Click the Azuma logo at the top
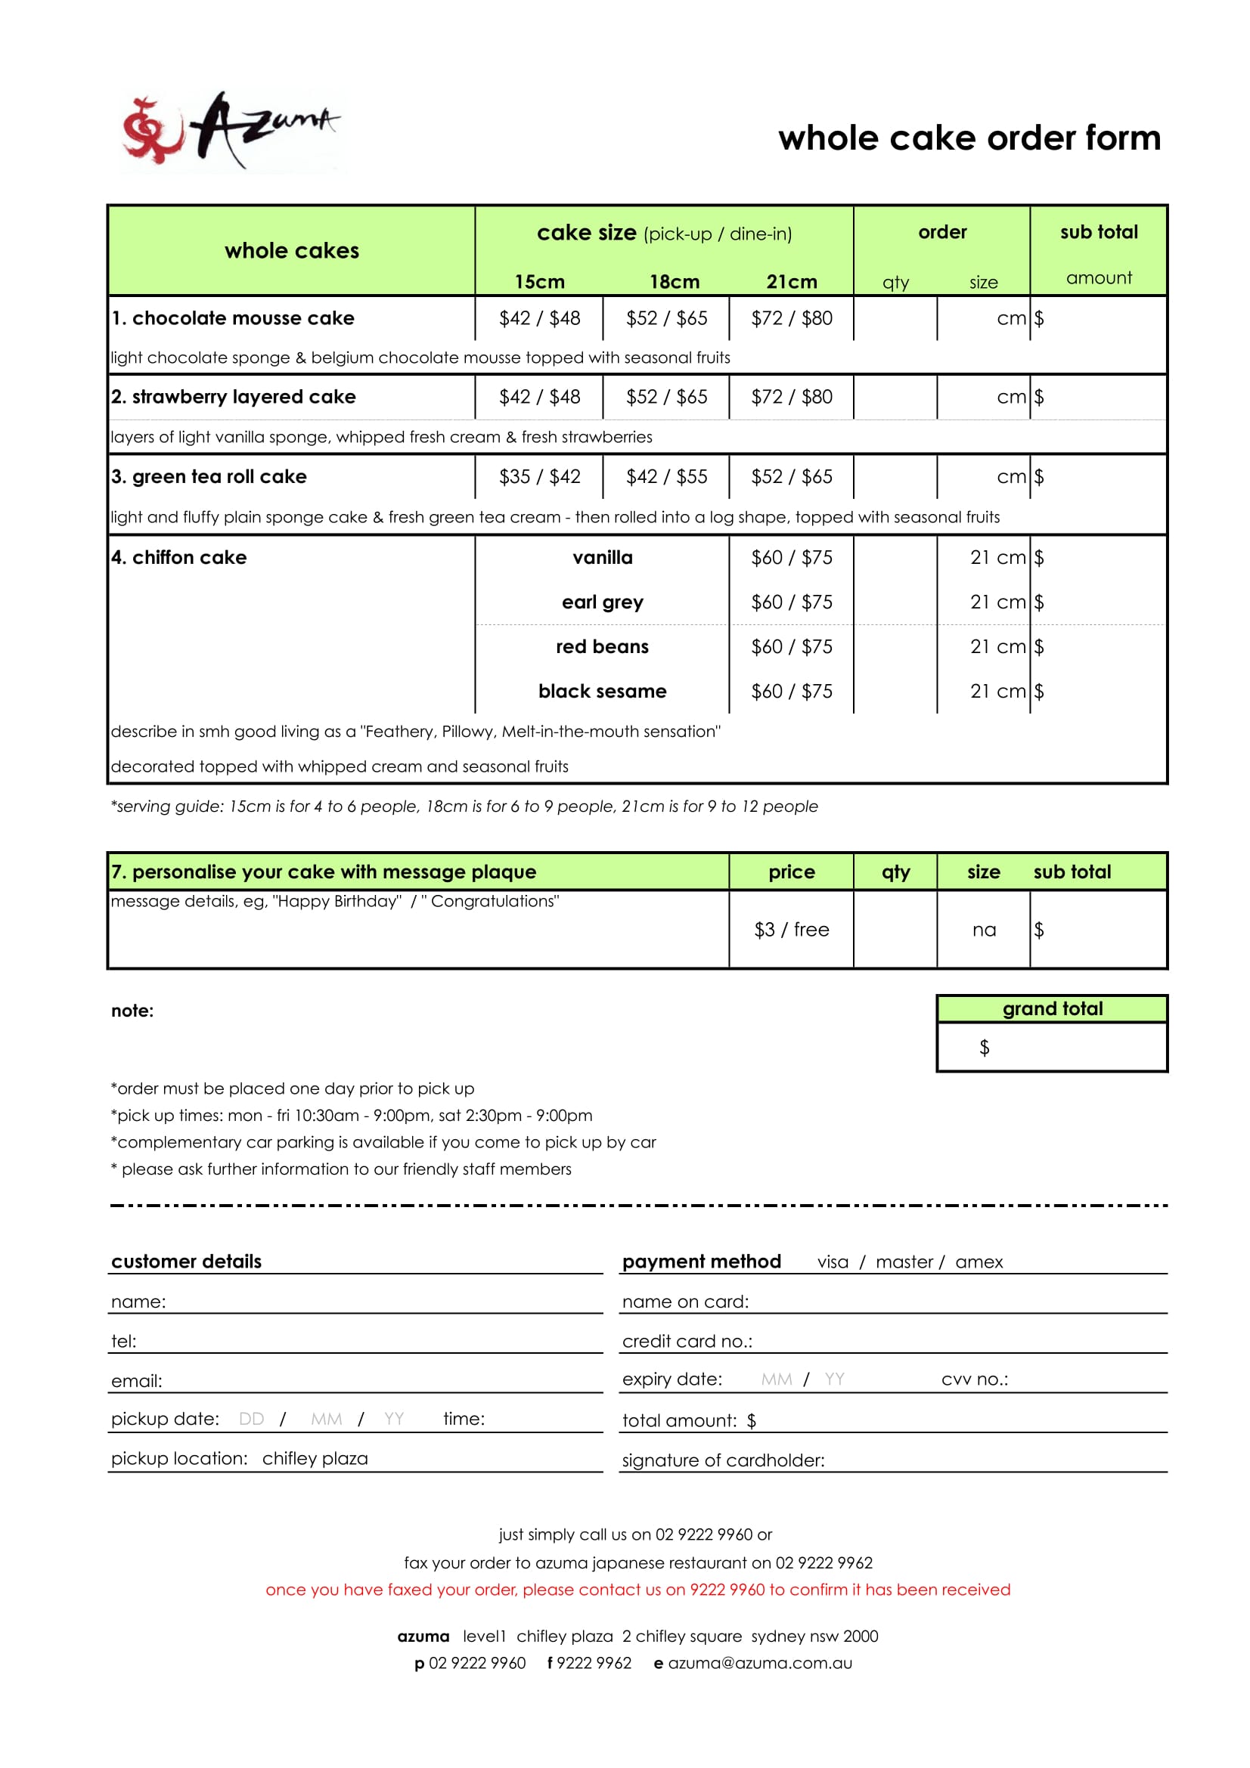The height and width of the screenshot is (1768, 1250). pos(231,131)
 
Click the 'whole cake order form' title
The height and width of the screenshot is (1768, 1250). pos(969,138)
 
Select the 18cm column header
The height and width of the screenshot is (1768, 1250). pos(674,282)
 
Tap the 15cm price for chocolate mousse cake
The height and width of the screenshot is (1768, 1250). pos(539,318)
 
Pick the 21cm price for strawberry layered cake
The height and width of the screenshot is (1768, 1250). pos(791,397)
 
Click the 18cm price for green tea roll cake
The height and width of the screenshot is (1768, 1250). pos(666,477)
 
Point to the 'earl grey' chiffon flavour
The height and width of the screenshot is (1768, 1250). pos(602,602)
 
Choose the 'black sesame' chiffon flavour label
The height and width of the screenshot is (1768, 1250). pos(602,692)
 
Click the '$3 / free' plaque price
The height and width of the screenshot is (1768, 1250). pos(791,930)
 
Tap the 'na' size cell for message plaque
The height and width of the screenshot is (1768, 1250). pos(984,930)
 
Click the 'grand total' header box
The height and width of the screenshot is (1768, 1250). pos(1052,1009)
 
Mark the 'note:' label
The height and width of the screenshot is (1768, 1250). pos(132,1011)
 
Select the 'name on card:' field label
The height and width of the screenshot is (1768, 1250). pos(684,1302)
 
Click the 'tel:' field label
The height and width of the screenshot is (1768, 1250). pos(124,1342)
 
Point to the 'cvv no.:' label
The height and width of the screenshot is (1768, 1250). pos(974,1379)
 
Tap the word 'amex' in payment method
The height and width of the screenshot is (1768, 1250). pos(979,1262)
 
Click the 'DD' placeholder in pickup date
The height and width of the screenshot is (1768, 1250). pos(251,1420)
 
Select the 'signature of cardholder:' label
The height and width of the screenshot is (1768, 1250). pos(722,1461)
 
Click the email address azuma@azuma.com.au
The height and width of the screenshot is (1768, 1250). pos(759,1663)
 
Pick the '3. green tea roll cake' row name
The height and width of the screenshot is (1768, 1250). pos(209,477)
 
